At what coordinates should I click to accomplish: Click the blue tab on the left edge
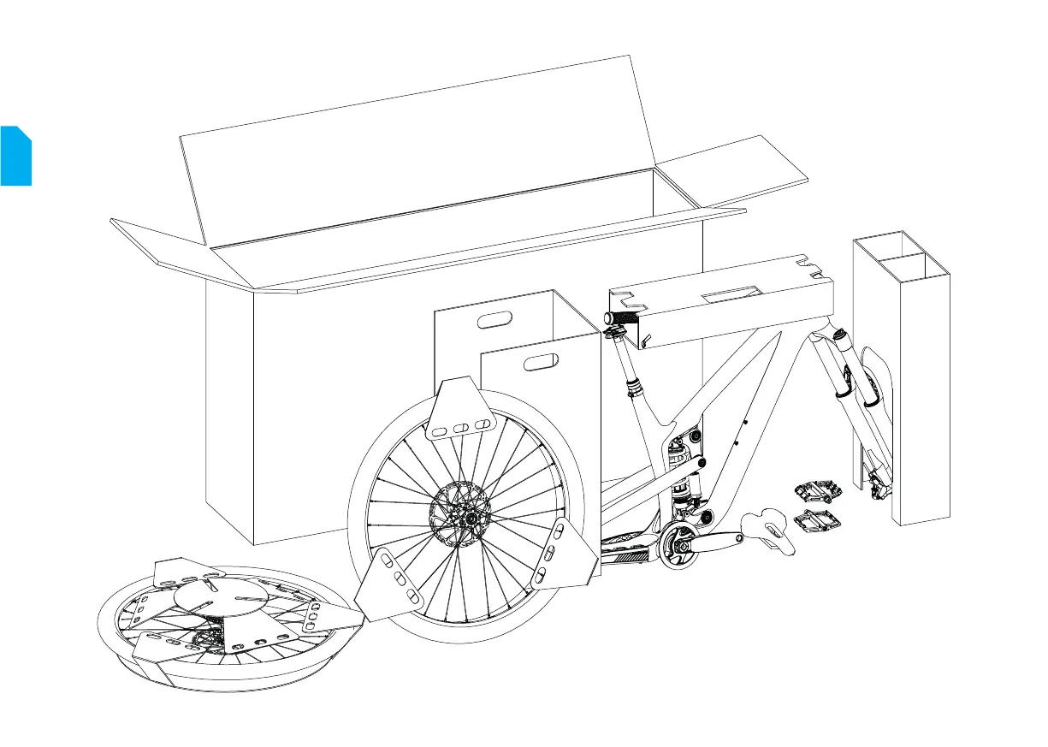pos(15,156)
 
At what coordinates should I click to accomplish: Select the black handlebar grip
pos(624,318)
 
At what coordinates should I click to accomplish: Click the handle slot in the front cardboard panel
pos(540,363)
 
